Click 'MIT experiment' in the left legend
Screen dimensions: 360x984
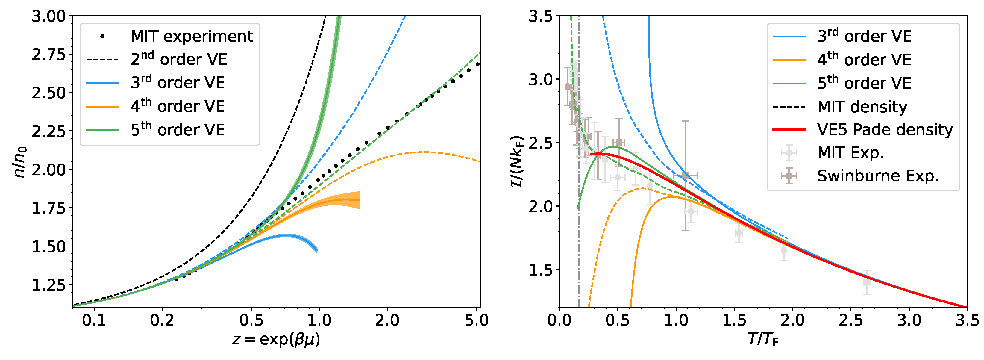[192, 36]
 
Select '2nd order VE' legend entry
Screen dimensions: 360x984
[179, 59]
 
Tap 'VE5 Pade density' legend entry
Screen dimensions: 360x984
[885, 130]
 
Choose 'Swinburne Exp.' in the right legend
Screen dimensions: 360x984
[877, 176]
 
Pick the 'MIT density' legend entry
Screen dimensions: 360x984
[862, 107]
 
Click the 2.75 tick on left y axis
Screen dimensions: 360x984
[49, 55]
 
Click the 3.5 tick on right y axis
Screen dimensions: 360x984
[540, 16]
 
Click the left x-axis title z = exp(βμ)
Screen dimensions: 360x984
[276, 339]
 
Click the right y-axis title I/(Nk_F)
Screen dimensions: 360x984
[517, 162]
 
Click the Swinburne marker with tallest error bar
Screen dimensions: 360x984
[685, 176]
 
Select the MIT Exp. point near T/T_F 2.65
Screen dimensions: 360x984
[867, 282]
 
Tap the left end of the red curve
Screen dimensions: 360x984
[591, 154]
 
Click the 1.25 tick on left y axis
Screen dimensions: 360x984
[49, 285]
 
